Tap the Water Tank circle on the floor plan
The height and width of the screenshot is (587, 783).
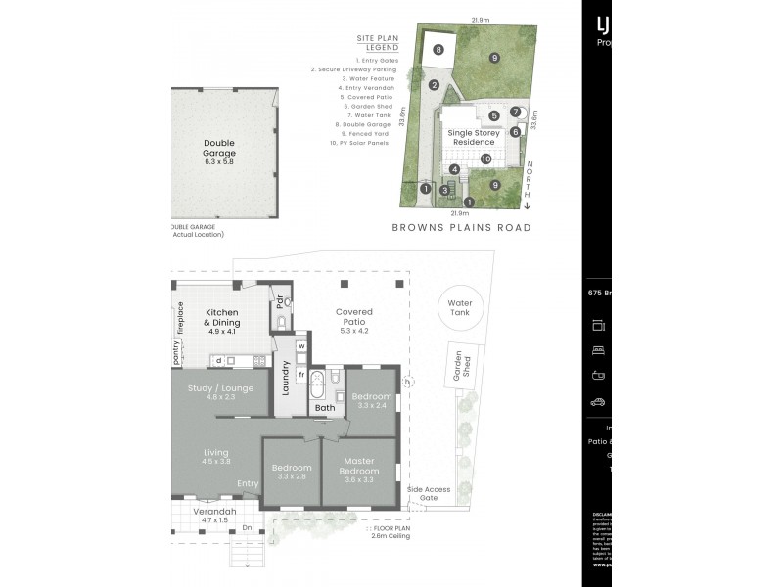point(460,308)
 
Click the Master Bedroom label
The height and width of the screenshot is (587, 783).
point(360,466)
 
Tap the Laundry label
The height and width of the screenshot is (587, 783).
point(285,380)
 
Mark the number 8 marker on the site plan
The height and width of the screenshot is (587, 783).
point(438,50)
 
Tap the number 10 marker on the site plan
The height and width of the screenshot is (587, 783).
point(485,158)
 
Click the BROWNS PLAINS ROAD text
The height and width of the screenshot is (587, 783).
point(460,227)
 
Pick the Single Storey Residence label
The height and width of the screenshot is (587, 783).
point(474,137)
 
